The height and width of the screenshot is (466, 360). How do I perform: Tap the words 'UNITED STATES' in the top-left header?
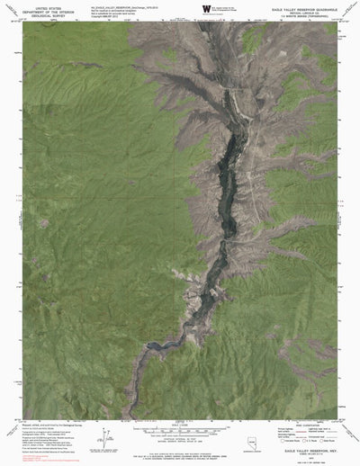coord(40,5)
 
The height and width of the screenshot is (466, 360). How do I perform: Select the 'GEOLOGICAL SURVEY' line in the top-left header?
coord(40,15)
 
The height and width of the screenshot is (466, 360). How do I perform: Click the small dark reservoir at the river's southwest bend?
coord(157,345)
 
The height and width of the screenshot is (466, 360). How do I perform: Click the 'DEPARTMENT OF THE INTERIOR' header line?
coord(40,11)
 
